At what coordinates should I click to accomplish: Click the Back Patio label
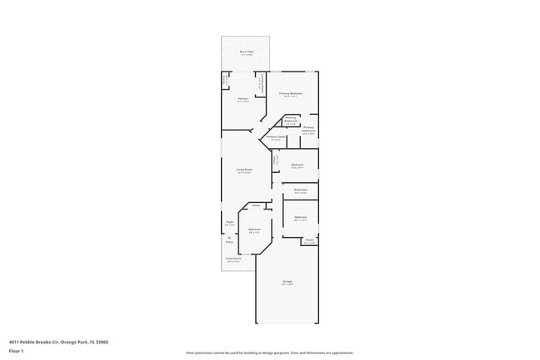pos(247,52)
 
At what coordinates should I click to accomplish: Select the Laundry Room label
pos(263,81)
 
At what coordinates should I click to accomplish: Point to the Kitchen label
pos(243,99)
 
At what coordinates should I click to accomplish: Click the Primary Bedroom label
pos(290,94)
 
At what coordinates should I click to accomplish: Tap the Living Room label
pos(243,170)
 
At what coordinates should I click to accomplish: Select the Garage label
pos(287,283)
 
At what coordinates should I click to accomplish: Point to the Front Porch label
pos(234,259)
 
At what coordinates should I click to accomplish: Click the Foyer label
pos(229,222)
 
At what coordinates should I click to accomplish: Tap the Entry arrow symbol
pos(229,239)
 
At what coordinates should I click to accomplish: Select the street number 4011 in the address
pos(15,341)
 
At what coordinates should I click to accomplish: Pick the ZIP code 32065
pos(101,341)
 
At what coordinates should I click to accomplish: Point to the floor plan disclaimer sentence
pos(270,353)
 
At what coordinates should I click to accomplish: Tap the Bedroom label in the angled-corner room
pos(254,229)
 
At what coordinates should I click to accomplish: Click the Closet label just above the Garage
pos(308,240)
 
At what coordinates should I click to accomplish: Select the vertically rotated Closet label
pos(275,160)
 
